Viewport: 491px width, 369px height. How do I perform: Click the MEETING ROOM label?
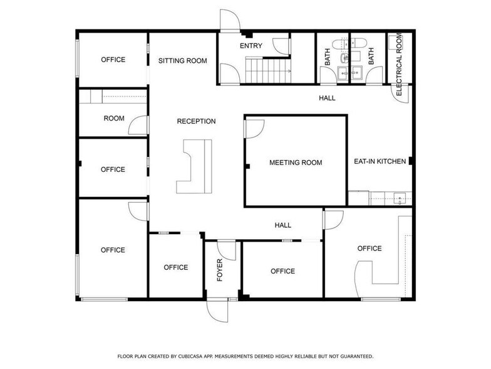click(x=296, y=163)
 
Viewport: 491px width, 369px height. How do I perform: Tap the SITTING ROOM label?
click(x=183, y=61)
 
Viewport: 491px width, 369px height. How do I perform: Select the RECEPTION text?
click(x=197, y=121)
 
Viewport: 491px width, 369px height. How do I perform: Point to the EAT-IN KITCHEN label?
click(x=380, y=161)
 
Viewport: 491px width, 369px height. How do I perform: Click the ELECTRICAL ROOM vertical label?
click(x=399, y=65)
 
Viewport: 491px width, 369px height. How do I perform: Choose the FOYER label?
click(x=220, y=270)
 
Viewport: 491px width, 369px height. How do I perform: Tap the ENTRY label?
click(x=251, y=46)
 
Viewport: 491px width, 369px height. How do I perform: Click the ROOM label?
click(x=114, y=118)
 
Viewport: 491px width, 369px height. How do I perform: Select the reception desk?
click(x=194, y=166)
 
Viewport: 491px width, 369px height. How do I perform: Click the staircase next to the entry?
click(x=268, y=70)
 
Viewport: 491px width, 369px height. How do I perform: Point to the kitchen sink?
click(x=400, y=198)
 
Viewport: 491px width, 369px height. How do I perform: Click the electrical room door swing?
click(x=401, y=94)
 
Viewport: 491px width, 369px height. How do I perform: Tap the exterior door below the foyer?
click(x=217, y=310)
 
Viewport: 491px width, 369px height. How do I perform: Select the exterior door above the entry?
click(x=230, y=20)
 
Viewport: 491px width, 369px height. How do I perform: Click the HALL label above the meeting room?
click(x=327, y=98)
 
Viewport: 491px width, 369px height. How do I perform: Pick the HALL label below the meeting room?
click(x=283, y=225)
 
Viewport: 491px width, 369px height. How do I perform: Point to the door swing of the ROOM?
click(x=138, y=125)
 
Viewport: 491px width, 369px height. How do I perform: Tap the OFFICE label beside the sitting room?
click(x=113, y=60)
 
